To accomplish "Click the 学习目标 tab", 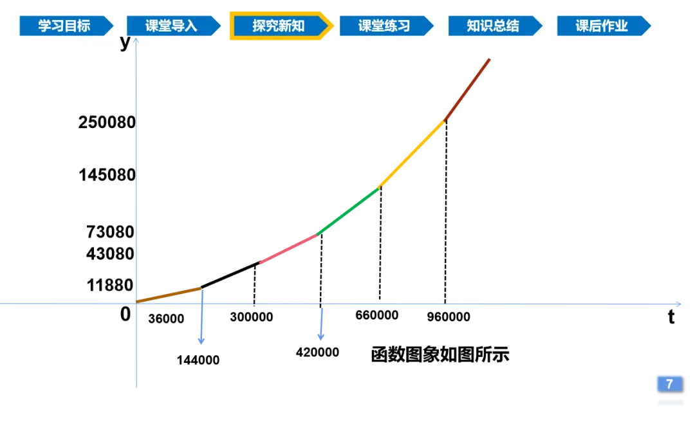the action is (64, 26).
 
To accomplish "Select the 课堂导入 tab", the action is (171, 26).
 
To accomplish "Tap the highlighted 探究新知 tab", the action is (278, 26).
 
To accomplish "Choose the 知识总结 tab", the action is (492, 26).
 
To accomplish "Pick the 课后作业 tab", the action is (601, 26).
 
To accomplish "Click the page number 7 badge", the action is (669, 384).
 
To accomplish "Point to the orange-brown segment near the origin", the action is (168, 294).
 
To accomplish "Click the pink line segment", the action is (288, 250).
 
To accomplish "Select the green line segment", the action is (347, 212).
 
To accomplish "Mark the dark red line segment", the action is (468, 89).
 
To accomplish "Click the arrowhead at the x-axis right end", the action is (678, 303).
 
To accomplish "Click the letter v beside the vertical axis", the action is (125, 42).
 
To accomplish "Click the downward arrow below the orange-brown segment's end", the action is (202, 339).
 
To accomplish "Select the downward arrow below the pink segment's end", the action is (320, 335).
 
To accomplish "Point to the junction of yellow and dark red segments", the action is (444, 120).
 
